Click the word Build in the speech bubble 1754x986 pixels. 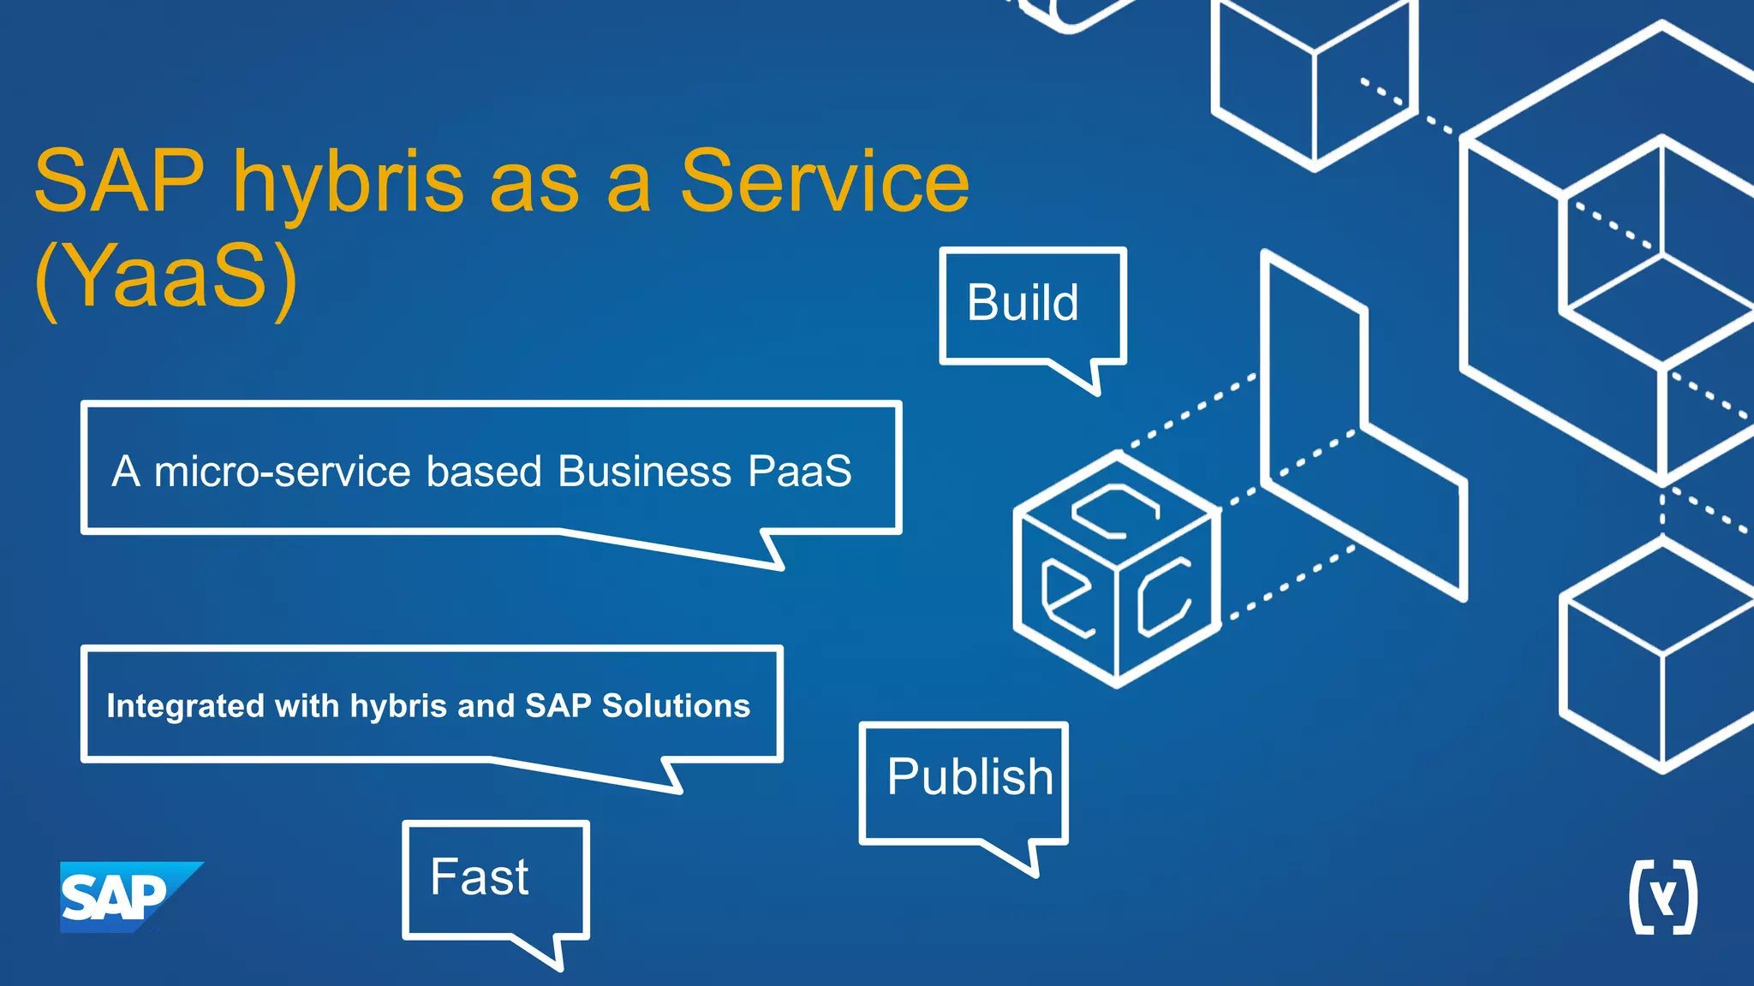(x=1023, y=303)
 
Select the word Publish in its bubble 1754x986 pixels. (x=969, y=777)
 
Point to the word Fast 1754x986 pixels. (x=480, y=877)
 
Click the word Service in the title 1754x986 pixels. (x=824, y=181)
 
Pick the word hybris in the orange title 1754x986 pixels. (x=349, y=181)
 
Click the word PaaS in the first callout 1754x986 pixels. (x=799, y=472)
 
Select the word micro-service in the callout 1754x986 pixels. (x=283, y=472)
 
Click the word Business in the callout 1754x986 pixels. (x=644, y=472)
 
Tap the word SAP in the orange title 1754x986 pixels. (x=119, y=181)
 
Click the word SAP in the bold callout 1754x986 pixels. (x=558, y=706)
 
